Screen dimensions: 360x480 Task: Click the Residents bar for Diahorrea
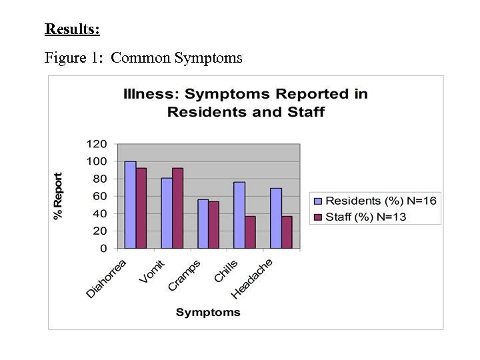click(130, 205)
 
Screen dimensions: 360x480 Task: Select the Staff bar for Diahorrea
click(141, 208)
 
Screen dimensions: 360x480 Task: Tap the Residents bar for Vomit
click(167, 213)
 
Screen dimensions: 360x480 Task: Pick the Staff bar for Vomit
click(177, 208)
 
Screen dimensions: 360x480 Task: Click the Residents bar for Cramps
click(203, 223)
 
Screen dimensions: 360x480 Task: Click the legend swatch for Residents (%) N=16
click(317, 201)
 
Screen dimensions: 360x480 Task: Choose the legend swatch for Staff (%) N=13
click(317, 217)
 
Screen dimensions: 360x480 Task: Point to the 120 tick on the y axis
click(97, 144)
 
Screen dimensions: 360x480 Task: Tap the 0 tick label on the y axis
click(103, 248)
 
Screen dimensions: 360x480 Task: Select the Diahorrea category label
click(107, 278)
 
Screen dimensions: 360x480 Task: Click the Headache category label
click(252, 278)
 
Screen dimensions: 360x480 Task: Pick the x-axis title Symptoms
click(208, 312)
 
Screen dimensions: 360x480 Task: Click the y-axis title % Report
click(59, 196)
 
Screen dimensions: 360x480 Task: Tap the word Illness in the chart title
click(151, 94)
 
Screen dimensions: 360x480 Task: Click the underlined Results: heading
click(72, 29)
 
